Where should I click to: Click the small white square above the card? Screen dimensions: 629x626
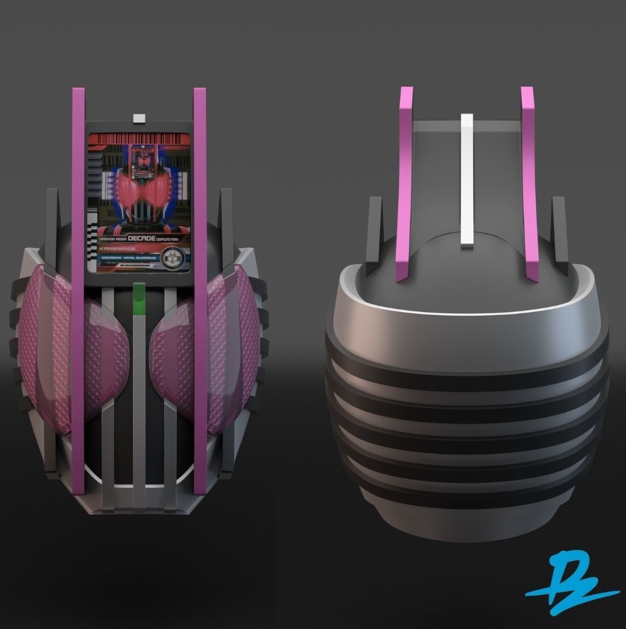point(139,119)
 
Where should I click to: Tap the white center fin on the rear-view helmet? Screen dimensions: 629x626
point(466,181)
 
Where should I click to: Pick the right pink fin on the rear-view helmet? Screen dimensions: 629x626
point(529,181)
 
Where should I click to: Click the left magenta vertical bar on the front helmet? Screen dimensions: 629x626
point(78,291)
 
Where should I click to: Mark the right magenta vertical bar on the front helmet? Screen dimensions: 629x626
point(200,291)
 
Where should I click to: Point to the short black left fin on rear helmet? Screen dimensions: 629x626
point(374,233)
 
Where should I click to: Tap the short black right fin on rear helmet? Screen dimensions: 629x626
point(560,233)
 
